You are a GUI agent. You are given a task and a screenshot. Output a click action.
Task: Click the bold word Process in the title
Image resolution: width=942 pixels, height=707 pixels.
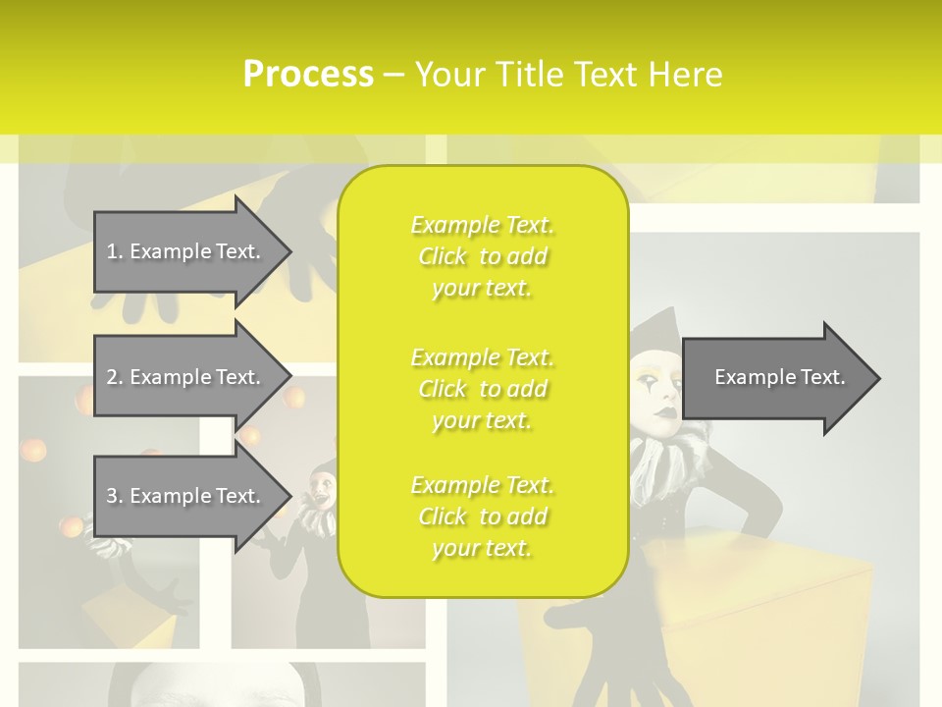[x=308, y=75]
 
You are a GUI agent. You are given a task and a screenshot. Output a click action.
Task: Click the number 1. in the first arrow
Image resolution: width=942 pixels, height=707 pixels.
[x=114, y=251]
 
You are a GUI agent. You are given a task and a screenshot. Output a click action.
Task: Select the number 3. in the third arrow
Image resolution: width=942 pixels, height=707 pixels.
[x=114, y=496]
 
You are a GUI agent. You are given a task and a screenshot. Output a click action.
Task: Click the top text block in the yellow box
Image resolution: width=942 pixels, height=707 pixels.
[x=482, y=256]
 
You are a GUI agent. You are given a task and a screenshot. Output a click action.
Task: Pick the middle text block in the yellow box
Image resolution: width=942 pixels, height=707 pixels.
[x=482, y=388]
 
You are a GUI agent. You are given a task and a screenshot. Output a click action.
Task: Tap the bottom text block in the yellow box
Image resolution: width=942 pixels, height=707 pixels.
[x=482, y=517]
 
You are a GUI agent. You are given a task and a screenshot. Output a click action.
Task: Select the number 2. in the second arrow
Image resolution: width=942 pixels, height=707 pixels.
[x=114, y=377]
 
